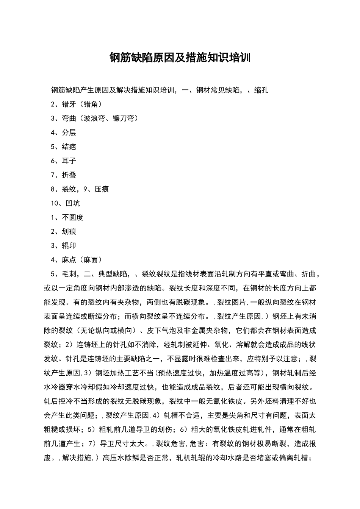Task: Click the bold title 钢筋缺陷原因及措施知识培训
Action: pyautogui.click(x=180, y=58)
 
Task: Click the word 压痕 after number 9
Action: pyautogui.click(x=102, y=189)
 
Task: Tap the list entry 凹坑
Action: pyautogui.click(x=72, y=203)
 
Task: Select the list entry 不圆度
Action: pyautogui.click(x=72, y=217)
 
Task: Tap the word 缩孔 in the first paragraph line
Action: pyautogui.click(x=261, y=90)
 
